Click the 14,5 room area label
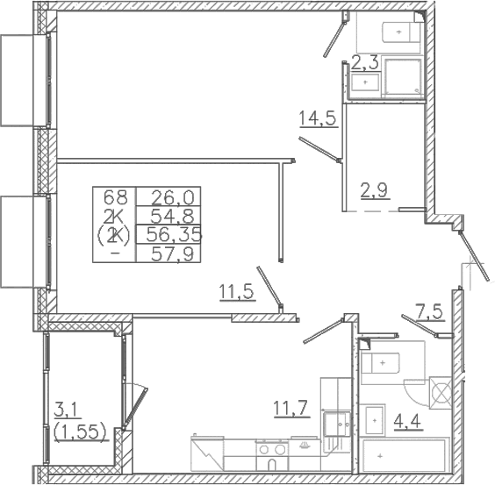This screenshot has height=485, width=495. [x=318, y=118]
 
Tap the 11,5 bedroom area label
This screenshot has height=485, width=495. [x=237, y=291]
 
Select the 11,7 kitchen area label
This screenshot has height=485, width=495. [x=291, y=409]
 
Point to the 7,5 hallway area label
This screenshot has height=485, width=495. [x=430, y=312]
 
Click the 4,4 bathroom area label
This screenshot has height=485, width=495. [x=407, y=420]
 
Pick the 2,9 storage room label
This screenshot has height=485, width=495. [x=375, y=189]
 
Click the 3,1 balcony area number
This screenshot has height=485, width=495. [x=64, y=410]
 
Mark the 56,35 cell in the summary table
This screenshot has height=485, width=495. [x=175, y=235]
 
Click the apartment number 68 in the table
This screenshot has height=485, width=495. [x=116, y=197]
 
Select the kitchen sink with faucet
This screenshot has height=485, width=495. [x=337, y=424]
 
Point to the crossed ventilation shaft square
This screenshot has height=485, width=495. [x=441, y=393]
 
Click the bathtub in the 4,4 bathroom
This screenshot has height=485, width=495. [x=405, y=454]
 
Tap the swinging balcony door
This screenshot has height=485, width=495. [x=135, y=409]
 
